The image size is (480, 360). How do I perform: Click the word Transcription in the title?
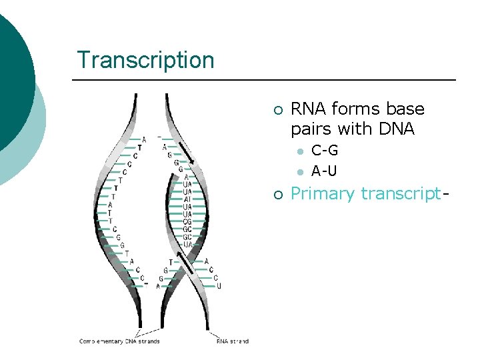point(145,60)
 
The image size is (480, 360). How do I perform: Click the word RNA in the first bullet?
point(309,109)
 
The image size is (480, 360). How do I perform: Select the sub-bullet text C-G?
point(325,151)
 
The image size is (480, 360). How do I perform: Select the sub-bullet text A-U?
point(325,171)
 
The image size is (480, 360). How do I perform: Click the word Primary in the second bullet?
point(323,194)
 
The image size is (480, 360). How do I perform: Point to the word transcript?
point(400,194)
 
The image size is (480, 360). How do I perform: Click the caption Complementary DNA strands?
point(120,341)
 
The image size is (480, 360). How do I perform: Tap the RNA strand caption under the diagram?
point(232,341)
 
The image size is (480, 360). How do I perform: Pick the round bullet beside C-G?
point(301,151)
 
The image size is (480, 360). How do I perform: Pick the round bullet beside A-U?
point(301,172)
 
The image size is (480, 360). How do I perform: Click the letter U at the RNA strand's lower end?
point(219,286)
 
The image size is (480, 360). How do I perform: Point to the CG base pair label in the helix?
point(187,221)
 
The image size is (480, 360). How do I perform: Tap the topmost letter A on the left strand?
point(145,140)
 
